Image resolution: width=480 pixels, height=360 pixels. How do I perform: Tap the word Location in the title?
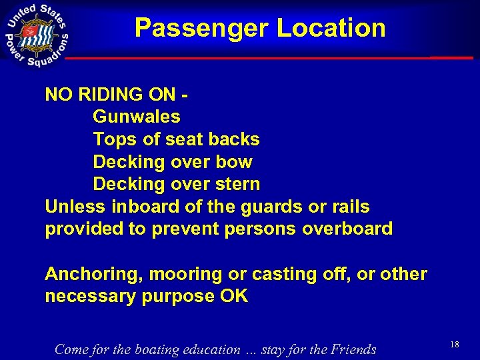click(331, 28)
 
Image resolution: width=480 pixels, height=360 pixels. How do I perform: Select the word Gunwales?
click(137, 117)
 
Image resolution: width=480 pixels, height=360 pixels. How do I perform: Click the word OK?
click(233, 297)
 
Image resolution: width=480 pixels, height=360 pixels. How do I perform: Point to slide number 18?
click(455, 345)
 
